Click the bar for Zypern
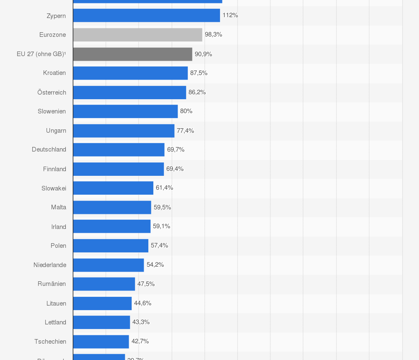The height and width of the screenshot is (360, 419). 146,15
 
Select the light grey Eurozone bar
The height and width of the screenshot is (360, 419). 137,35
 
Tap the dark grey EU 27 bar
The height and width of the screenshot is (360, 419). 132,54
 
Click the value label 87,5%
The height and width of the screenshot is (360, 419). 199,73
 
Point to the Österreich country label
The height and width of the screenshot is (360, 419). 52,92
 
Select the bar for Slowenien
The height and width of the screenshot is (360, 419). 125,111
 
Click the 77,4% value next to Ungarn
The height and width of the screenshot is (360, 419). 185,131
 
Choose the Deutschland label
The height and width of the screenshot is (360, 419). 49,149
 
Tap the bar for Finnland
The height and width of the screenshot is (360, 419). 119,169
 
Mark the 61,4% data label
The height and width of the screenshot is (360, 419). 164,188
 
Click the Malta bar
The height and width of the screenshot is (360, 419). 112,207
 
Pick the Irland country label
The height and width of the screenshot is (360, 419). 59,226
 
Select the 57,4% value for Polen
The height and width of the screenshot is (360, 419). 159,245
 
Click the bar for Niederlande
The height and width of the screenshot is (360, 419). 109,265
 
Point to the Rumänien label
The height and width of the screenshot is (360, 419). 52,284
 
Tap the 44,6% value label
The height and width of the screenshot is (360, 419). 142,303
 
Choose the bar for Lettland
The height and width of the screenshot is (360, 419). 101,322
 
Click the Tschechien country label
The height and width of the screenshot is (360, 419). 50,342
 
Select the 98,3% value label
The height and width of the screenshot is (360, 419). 213,35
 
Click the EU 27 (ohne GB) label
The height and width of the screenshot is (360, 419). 41,54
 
